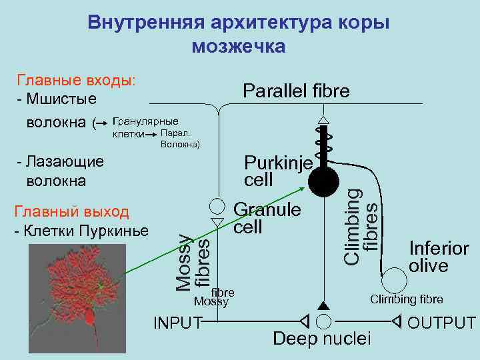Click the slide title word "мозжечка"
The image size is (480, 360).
click(x=238, y=47)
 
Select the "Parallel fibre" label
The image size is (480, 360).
click(x=295, y=91)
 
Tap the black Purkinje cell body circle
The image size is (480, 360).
click(x=323, y=181)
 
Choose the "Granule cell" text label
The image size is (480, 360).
click(x=267, y=218)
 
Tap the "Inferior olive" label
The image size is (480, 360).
click(x=438, y=257)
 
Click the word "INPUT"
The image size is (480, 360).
click(x=177, y=323)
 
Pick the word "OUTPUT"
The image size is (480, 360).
click(x=441, y=323)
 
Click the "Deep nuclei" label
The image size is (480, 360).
click(x=322, y=339)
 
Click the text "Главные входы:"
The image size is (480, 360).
click(x=75, y=81)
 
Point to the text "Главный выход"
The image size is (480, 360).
click(x=71, y=212)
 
